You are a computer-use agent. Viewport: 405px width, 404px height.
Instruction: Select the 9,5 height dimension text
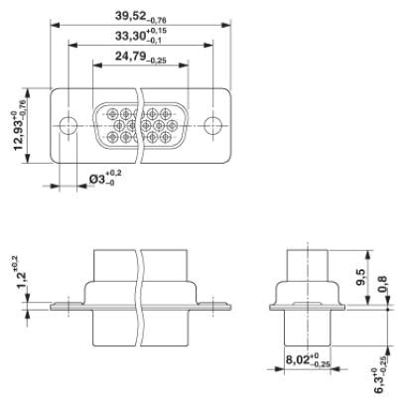click(x=360, y=277)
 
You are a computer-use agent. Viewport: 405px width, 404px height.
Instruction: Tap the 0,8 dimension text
click(x=382, y=284)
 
